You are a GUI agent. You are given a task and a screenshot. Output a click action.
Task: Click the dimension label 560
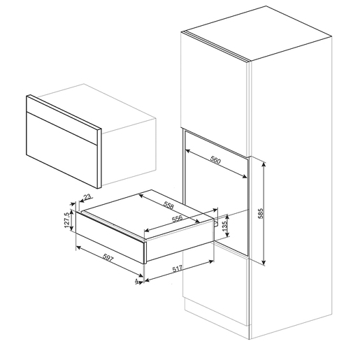tap(215, 160)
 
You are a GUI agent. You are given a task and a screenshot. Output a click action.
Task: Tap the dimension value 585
tap(261, 213)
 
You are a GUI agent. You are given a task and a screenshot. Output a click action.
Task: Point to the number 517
tap(178, 269)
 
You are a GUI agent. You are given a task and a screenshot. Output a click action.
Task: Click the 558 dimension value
tap(168, 206)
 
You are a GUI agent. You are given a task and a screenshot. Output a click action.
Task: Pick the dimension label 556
tap(177, 219)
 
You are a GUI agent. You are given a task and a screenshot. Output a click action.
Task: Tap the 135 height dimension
tap(224, 226)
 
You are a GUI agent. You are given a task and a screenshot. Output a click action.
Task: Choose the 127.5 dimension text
tap(66, 220)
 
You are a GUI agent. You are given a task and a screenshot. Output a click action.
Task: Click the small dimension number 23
tap(87, 197)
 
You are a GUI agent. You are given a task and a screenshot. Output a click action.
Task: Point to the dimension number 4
tap(136, 281)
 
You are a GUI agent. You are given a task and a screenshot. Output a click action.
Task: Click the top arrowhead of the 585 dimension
tap(264, 164)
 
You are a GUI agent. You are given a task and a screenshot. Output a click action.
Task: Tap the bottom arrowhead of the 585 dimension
tap(264, 263)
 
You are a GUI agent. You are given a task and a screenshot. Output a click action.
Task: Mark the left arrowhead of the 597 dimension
tap(78, 247)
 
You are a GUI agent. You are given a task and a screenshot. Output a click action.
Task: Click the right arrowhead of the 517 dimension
tap(211, 261)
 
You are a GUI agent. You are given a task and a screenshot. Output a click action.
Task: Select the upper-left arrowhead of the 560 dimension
tap(188, 151)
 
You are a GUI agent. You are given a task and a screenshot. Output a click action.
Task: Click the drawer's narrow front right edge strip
tap(145, 252)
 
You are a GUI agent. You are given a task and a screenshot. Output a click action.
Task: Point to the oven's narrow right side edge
tap(99, 158)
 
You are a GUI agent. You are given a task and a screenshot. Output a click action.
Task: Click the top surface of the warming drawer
tap(149, 211)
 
